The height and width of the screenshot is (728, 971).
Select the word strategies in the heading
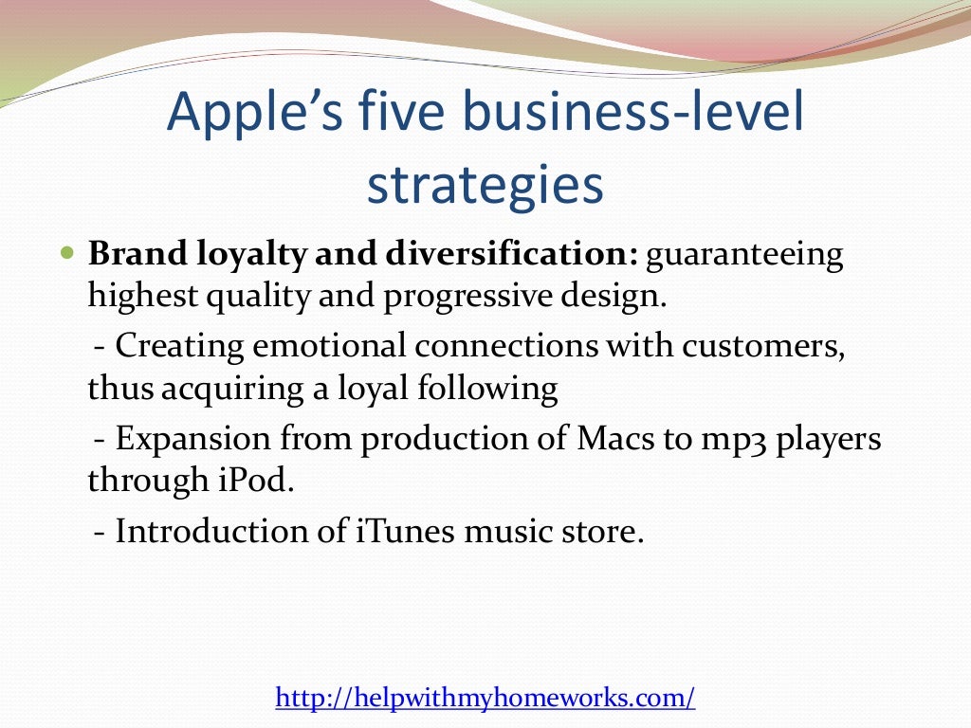(485, 186)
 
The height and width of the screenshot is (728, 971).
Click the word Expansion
(192, 440)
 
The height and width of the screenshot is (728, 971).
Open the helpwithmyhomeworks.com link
(485, 699)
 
